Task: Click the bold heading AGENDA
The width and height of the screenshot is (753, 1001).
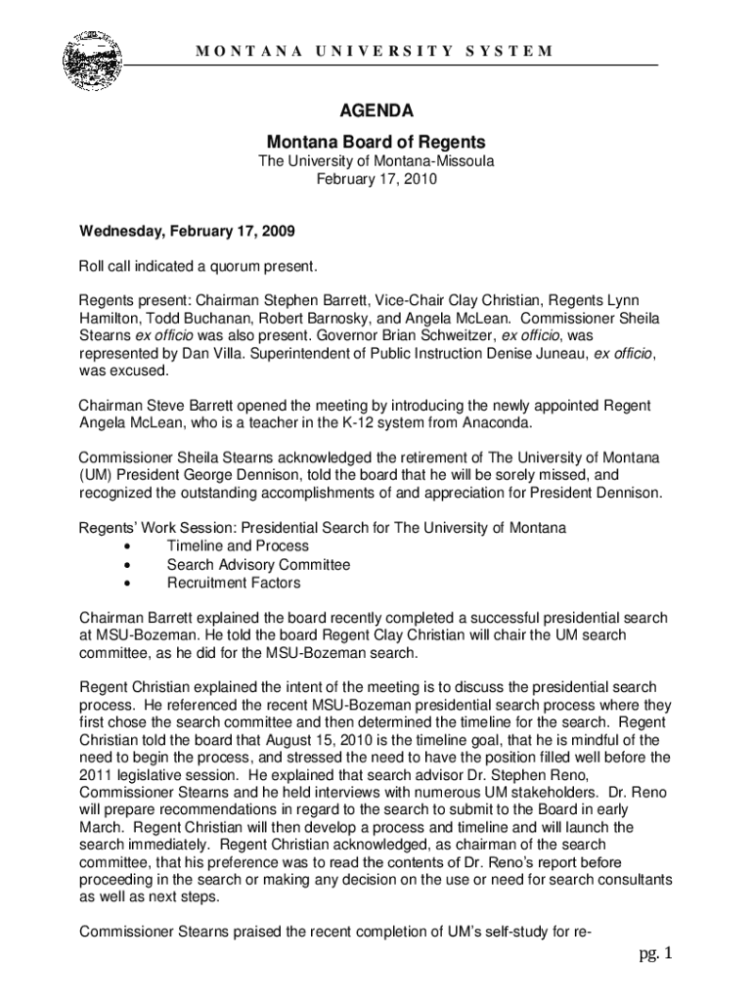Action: [376, 111]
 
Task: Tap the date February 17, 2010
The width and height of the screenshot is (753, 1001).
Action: [376, 180]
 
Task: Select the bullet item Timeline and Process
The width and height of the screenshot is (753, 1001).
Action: [238, 546]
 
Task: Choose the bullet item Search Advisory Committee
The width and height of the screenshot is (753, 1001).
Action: [258, 565]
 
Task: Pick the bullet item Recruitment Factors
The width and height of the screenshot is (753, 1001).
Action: [234, 584]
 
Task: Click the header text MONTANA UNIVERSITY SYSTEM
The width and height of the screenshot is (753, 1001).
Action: [376, 51]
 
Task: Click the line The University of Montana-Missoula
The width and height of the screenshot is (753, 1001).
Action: [376, 161]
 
